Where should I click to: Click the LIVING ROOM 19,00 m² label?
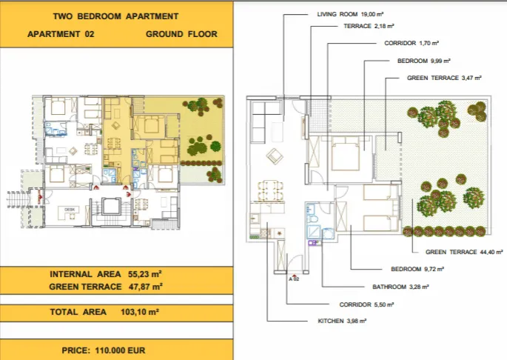[x=346, y=14]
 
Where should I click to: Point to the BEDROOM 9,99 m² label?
[x=424, y=61]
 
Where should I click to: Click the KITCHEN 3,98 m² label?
[x=342, y=321]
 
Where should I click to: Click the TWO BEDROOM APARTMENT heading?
[x=116, y=16]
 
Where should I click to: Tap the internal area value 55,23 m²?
[x=145, y=274]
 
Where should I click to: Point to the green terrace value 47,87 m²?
[x=145, y=286]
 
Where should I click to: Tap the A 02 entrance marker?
[x=293, y=279]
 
